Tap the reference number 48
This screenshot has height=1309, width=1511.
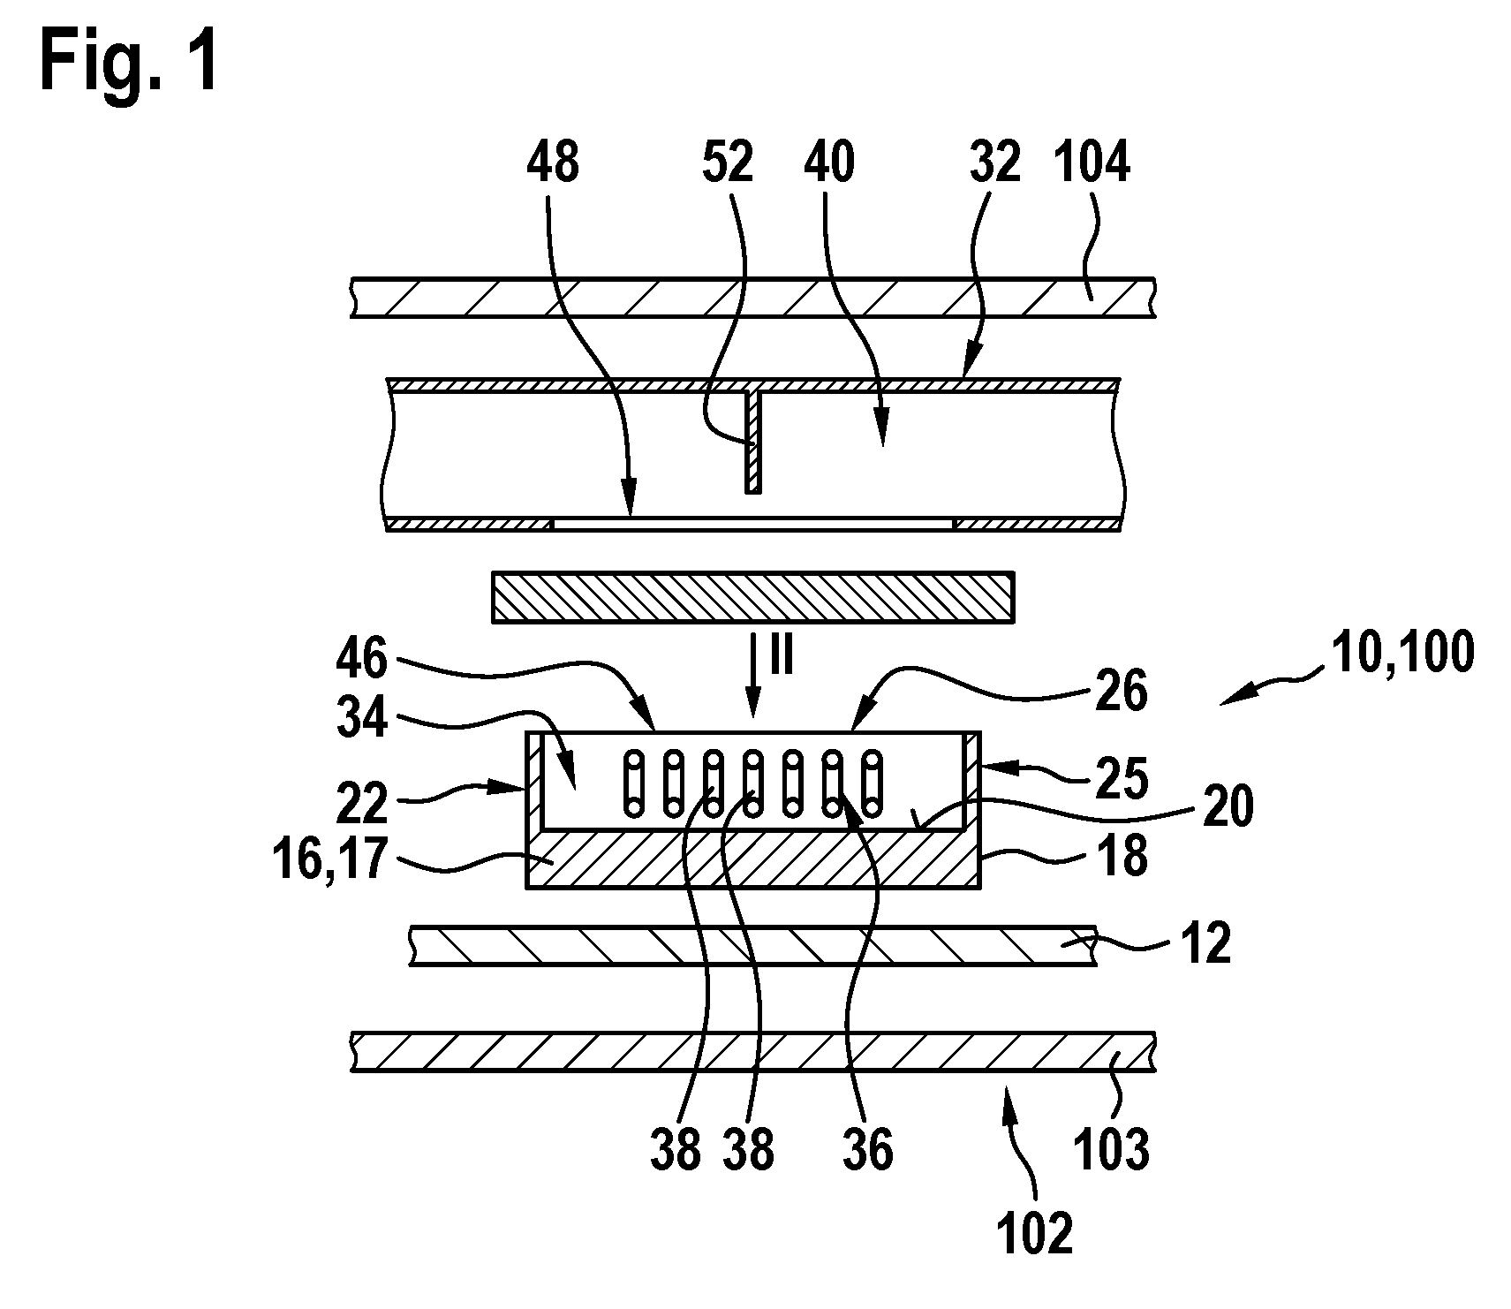pyautogui.click(x=553, y=163)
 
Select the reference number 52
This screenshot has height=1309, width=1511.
pyautogui.click(x=728, y=163)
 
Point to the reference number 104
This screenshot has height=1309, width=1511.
pyautogui.click(x=1092, y=163)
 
